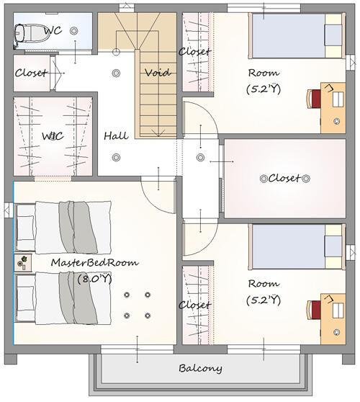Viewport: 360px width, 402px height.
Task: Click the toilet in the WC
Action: click(x=32, y=33)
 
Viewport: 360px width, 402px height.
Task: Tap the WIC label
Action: click(x=53, y=136)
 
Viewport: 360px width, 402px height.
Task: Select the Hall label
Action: click(x=116, y=135)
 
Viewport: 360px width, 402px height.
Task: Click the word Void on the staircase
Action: click(x=158, y=73)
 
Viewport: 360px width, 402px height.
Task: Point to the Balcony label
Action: click(x=200, y=368)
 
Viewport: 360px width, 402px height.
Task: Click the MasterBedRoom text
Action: click(x=95, y=262)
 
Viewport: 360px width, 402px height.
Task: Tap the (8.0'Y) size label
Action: click(x=95, y=279)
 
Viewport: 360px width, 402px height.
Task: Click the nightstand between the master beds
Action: click(x=23, y=262)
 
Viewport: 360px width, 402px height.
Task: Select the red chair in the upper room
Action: click(x=314, y=99)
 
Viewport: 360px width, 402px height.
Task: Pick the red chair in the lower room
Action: click(x=314, y=310)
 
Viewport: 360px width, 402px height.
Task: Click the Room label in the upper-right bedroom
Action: click(x=264, y=73)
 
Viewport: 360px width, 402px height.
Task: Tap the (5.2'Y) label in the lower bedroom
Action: click(x=264, y=300)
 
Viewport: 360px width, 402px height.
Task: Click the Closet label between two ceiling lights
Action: click(x=284, y=178)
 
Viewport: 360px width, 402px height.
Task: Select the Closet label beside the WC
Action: click(x=31, y=73)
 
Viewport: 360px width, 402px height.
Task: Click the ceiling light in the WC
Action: click(x=74, y=31)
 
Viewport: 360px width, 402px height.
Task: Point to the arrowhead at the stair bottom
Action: click(x=158, y=133)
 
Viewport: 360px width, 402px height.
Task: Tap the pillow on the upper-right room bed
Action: click(x=333, y=35)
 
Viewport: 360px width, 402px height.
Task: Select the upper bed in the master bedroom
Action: click(x=64, y=228)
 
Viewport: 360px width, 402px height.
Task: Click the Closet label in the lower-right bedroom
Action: click(x=194, y=305)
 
